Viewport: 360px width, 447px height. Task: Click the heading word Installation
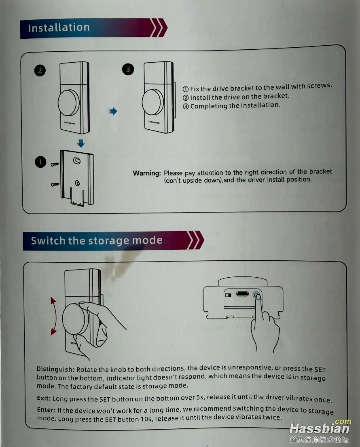[59, 27]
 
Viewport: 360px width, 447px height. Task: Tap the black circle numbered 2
[40, 70]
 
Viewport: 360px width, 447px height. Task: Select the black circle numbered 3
[128, 69]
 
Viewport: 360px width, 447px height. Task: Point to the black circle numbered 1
[40, 162]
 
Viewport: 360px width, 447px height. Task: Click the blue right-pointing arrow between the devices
[113, 111]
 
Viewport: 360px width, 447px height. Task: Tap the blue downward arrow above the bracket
[81, 143]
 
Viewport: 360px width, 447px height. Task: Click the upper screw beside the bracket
[55, 164]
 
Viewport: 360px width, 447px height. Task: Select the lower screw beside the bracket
[55, 184]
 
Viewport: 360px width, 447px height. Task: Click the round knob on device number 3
[152, 102]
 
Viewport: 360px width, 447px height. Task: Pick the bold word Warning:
[147, 173]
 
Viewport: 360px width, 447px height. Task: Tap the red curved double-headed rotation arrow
[54, 316]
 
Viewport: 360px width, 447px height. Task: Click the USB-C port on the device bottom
[242, 294]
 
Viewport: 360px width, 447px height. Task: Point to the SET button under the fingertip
[257, 295]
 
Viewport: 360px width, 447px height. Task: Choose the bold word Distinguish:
[56, 369]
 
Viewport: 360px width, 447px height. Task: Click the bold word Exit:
[44, 398]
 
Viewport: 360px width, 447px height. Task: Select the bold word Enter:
[46, 410]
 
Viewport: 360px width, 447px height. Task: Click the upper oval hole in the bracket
[77, 160]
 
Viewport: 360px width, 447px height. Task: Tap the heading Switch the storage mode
[97, 240]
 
